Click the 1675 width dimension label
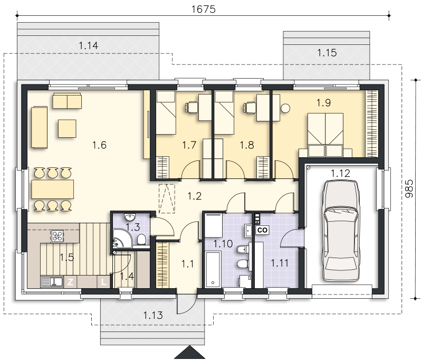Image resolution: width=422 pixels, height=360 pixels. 204,9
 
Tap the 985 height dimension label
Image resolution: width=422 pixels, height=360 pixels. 409,188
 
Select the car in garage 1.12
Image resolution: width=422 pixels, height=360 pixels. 341,231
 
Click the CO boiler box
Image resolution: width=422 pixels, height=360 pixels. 262,230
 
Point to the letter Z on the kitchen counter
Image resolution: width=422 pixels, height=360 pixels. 70,282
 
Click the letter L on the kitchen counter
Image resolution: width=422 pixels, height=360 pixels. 103,282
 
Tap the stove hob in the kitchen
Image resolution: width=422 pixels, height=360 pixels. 57,236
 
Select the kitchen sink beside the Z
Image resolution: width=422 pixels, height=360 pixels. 52,282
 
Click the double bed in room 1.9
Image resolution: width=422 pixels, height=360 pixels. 325,135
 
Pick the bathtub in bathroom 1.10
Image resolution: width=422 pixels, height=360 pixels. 213,269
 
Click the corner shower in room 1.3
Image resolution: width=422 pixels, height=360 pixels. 122,238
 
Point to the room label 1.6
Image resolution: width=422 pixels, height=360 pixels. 99,145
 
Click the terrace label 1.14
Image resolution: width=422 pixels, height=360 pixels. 88,45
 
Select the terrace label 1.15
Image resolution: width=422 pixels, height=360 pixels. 327,53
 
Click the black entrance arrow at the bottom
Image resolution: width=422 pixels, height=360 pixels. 190,353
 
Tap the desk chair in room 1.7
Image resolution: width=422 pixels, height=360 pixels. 190,108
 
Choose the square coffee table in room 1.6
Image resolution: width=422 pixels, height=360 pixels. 67,128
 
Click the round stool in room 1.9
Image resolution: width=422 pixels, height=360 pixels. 285,108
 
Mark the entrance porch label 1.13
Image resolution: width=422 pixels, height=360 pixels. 153,315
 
